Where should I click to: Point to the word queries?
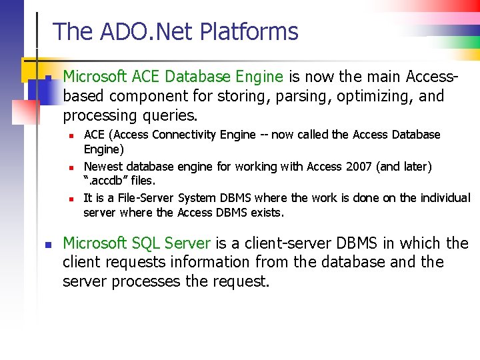tap(170, 115)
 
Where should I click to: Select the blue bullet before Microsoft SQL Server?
tap(47, 245)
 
